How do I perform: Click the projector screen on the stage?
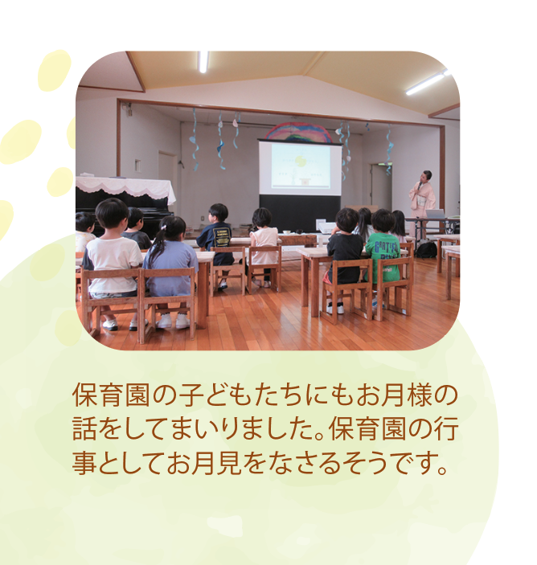(300, 167)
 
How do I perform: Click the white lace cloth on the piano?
(125, 187)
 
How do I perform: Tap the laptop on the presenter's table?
(435, 214)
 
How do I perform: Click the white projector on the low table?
(326, 226)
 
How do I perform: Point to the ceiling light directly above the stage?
(203, 62)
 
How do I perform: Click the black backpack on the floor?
(426, 250)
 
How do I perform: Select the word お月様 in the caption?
(394, 395)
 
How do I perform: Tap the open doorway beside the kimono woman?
(381, 186)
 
